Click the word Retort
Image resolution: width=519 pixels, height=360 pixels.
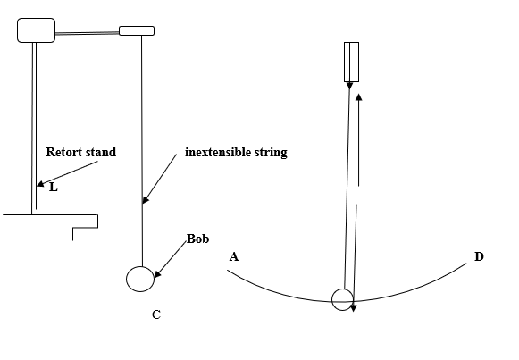pyautogui.click(x=63, y=152)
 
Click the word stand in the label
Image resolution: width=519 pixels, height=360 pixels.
pyautogui.click(x=100, y=152)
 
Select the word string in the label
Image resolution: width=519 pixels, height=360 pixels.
pyautogui.click(x=271, y=153)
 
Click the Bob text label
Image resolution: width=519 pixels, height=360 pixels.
pyautogui.click(x=198, y=239)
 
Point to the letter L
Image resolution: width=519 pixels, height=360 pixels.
pyautogui.click(x=54, y=188)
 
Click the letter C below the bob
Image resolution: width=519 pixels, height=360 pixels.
pyautogui.click(x=156, y=314)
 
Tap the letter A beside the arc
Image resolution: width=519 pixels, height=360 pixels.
pyautogui.click(x=234, y=256)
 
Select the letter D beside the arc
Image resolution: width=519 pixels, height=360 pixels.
pyautogui.click(x=479, y=256)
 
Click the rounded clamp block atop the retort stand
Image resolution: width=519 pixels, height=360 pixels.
pyautogui.click(x=36, y=30)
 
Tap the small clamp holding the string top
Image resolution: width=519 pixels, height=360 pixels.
pyautogui.click(x=137, y=30)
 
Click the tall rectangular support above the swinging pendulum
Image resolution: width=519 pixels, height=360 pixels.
pyautogui.click(x=352, y=62)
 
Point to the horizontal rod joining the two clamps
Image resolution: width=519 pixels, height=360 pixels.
pyautogui.click(x=87, y=33)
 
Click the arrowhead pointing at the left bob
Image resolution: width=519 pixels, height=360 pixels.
pyautogui.click(x=157, y=274)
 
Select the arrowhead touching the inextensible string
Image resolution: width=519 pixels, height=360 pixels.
pyautogui.click(x=146, y=200)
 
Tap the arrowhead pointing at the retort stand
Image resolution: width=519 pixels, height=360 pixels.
pyautogui.click(x=39, y=184)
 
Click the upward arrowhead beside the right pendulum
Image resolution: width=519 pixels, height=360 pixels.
pyautogui.click(x=358, y=97)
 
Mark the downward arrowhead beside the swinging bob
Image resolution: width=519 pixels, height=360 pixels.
pyautogui.click(x=353, y=307)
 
